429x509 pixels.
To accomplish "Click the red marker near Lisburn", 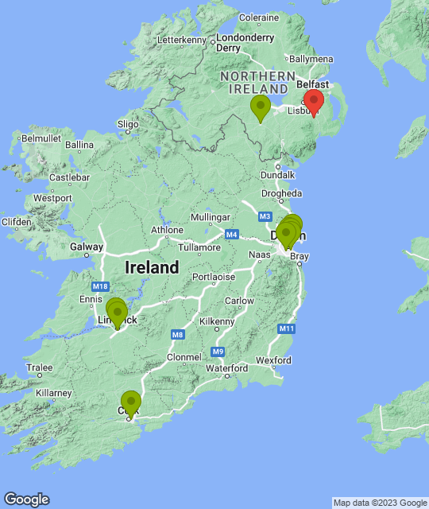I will pyautogui.click(x=314, y=102).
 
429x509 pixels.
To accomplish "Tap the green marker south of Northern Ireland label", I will pyautogui.click(x=260, y=107).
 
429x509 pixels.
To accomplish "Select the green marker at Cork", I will pyautogui.click(x=130, y=402).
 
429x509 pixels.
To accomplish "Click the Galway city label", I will pyautogui.click(x=87, y=247).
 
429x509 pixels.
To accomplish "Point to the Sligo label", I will pyautogui.click(x=128, y=123).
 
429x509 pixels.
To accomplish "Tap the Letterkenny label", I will pyautogui.click(x=182, y=39).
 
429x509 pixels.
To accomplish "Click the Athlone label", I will pyautogui.click(x=168, y=230).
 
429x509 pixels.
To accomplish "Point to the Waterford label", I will pyautogui.click(x=226, y=368).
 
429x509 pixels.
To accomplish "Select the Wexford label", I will pyautogui.click(x=273, y=360).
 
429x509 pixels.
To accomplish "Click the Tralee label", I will pyautogui.click(x=40, y=367).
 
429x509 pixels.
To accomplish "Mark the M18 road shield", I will pyautogui.click(x=99, y=286).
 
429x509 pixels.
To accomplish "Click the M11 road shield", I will pyautogui.click(x=287, y=328).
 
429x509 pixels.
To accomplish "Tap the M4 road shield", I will pyautogui.click(x=231, y=234).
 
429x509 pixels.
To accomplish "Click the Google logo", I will pyautogui.click(x=25, y=499).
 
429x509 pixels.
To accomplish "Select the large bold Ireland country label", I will pyautogui.click(x=152, y=268).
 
